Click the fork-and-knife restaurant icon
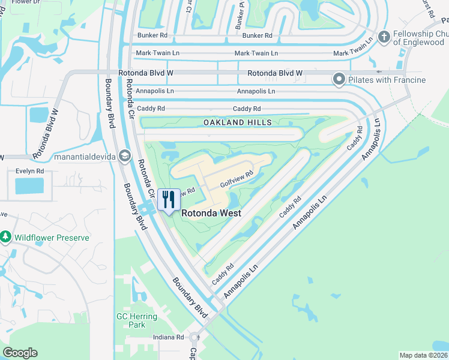tap(169, 199)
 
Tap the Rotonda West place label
tap(211, 213)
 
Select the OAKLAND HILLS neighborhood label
tap(237, 122)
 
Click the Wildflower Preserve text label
tap(53, 238)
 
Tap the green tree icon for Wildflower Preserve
tap(6, 238)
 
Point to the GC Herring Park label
tap(137, 320)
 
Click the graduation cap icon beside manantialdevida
tap(124, 156)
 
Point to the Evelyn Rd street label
tap(31, 171)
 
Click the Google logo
tap(20, 353)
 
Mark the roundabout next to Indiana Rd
tap(194, 337)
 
